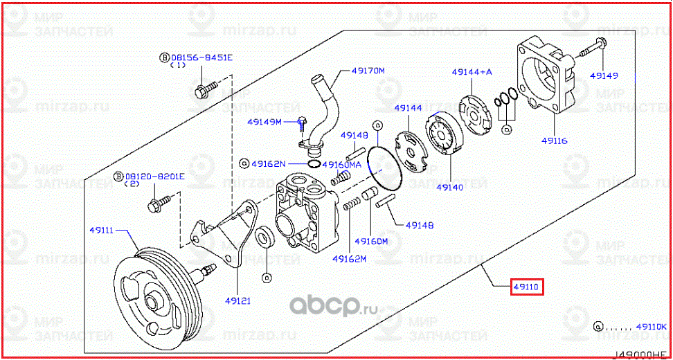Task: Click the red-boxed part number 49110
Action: (x=527, y=286)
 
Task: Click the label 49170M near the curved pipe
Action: (x=368, y=71)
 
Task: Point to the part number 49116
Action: (x=554, y=141)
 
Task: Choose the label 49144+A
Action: (x=472, y=71)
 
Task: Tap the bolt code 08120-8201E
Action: (x=154, y=177)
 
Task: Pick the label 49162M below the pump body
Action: (x=349, y=259)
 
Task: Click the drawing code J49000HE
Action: (x=641, y=354)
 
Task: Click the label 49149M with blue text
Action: (x=264, y=122)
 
